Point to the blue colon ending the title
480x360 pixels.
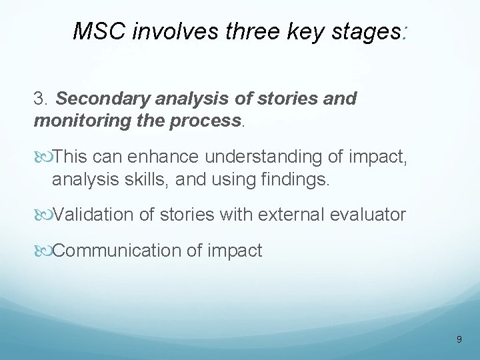pos(406,32)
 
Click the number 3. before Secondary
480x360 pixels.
pos(41,99)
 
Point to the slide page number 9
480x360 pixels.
pos(459,339)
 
